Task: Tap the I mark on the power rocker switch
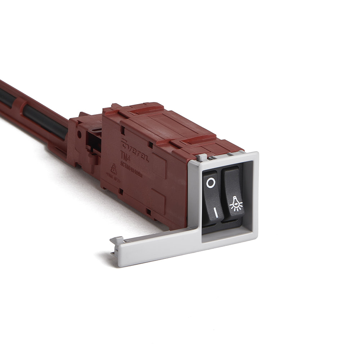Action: pos(216,213)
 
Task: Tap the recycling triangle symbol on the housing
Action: pos(113,169)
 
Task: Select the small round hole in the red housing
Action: pos(79,135)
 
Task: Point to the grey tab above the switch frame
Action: pos(203,157)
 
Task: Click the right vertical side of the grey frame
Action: pos(254,194)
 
